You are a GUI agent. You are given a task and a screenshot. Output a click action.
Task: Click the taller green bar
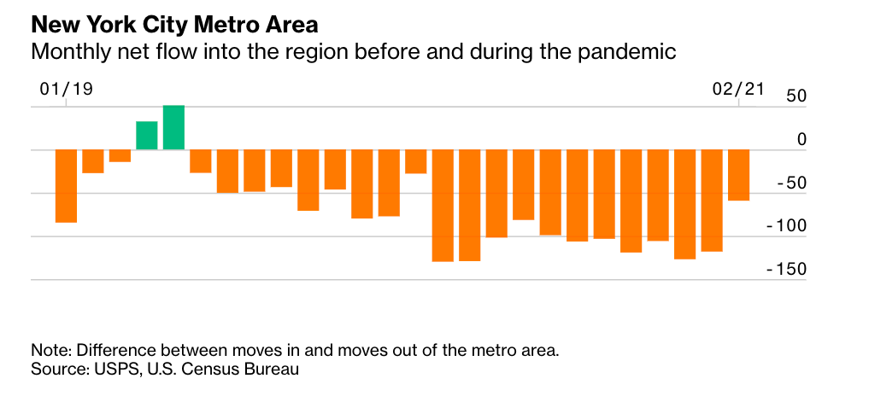pyautogui.click(x=174, y=128)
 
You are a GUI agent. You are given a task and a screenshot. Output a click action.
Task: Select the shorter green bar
pyautogui.click(x=147, y=136)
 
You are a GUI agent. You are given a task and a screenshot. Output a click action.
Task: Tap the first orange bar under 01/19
pyautogui.click(x=67, y=186)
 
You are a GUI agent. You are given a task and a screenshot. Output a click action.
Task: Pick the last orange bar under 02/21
pyautogui.click(x=739, y=176)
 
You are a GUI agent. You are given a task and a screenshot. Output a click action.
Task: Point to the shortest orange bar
pyautogui.click(x=120, y=156)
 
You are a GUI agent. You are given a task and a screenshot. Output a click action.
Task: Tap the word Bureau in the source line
pyautogui.click(x=271, y=370)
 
